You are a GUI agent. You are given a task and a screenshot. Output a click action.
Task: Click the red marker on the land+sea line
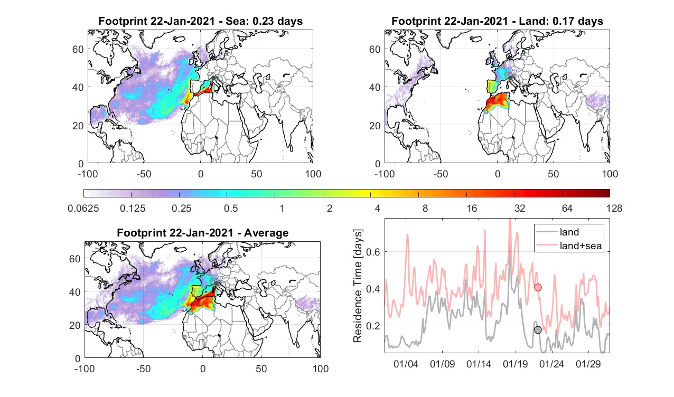538,288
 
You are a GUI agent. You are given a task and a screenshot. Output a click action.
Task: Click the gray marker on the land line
538,330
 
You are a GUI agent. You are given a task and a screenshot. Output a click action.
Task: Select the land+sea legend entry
569,245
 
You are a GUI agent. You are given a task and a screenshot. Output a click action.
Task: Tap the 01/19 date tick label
516,364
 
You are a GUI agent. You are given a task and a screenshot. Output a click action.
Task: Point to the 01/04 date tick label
406,364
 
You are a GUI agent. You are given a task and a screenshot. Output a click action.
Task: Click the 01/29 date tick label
588,364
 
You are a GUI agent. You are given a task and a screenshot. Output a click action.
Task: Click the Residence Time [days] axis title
358,286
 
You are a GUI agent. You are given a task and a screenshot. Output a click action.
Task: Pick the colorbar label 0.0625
83,208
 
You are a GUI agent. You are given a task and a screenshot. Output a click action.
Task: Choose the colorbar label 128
614,208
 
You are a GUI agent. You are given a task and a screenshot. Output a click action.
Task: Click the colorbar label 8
425,208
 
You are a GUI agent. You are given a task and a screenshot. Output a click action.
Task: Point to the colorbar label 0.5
231,208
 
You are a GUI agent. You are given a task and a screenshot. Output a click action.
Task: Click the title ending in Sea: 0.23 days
200,21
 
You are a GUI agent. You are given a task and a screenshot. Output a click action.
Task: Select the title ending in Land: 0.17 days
498,21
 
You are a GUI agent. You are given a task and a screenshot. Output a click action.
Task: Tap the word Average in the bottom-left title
266,232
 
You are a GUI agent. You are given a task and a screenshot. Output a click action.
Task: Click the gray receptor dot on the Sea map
213,78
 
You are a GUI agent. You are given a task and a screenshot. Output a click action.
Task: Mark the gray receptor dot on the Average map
216,283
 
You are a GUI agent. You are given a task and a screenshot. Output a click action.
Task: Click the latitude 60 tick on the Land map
375,49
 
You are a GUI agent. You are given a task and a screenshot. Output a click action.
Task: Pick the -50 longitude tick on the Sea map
144,174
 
